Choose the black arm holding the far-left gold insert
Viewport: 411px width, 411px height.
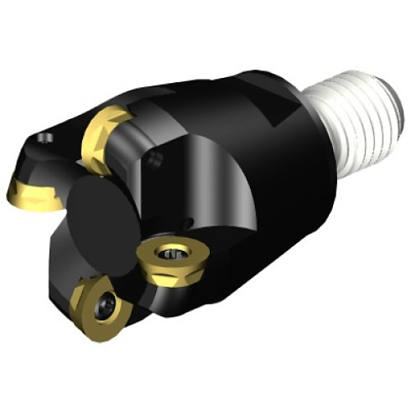(46, 164)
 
